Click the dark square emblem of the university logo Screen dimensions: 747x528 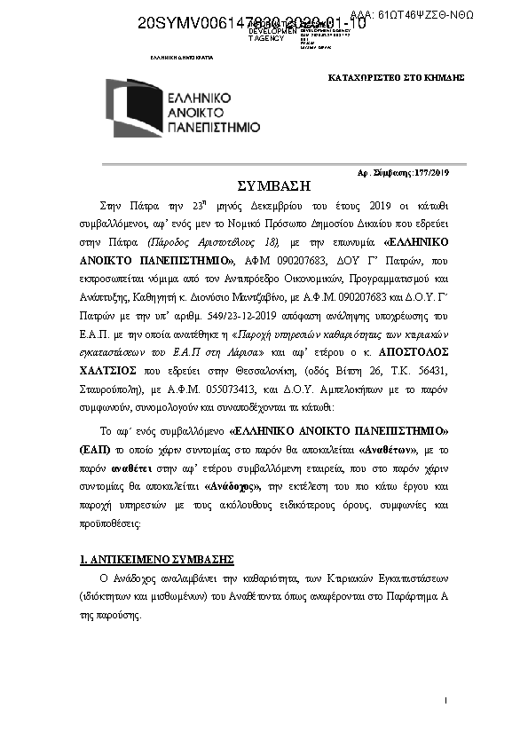[x=135, y=107]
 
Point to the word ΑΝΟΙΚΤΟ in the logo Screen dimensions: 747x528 [x=203, y=111]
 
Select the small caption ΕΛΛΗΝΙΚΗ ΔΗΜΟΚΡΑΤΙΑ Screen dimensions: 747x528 [x=182, y=56]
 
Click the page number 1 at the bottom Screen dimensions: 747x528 [x=445, y=701]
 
